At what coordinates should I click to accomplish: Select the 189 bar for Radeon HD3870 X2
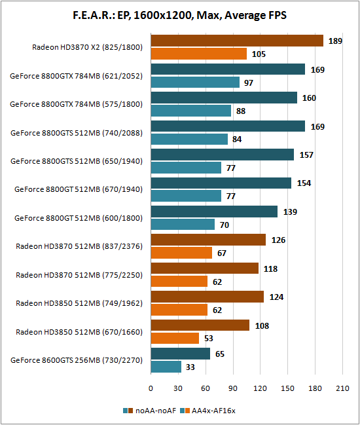coord(237,41)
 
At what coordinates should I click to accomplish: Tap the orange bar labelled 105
coord(199,54)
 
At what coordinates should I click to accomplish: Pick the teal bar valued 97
coord(195,82)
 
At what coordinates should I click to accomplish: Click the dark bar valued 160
coord(224,98)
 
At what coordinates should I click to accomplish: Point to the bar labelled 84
coord(189,139)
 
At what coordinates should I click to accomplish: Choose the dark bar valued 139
coord(214,212)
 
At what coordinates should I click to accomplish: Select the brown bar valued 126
coord(208,240)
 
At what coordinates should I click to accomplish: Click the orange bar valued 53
coord(175,338)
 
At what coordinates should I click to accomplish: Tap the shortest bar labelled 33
coord(166,367)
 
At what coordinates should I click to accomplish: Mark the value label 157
coord(306,155)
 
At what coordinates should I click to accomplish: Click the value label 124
coord(277,297)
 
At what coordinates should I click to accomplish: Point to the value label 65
coord(220,354)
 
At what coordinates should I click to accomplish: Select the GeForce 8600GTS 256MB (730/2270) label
coord(77,360)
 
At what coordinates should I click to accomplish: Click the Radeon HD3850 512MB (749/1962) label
coord(79,303)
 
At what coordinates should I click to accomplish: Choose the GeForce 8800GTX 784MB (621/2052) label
coord(76,76)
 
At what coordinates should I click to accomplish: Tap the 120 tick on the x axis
coord(260,388)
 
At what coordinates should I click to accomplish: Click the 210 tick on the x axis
coord(342,388)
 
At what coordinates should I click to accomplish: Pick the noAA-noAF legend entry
coord(149,411)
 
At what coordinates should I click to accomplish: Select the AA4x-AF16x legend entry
coord(207,411)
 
